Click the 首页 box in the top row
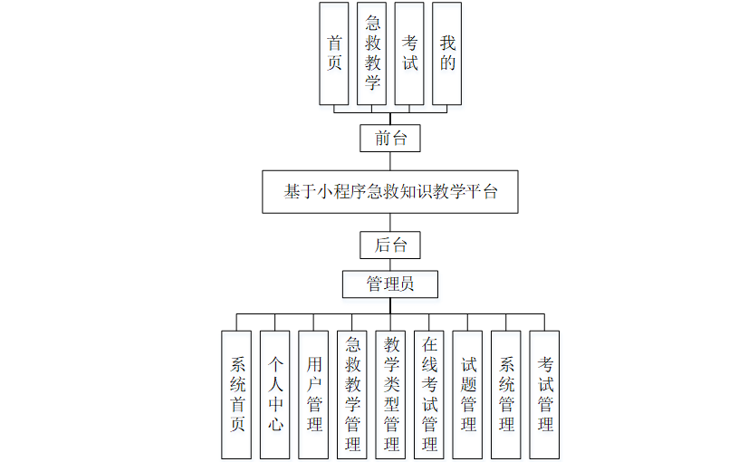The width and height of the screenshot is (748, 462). pyautogui.click(x=334, y=53)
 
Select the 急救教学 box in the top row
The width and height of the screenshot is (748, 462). pyautogui.click(x=372, y=53)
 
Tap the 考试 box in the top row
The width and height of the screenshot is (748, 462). pyautogui.click(x=409, y=53)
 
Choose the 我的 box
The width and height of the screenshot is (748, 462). pyautogui.click(x=446, y=53)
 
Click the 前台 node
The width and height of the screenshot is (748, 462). pyautogui.click(x=390, y=139)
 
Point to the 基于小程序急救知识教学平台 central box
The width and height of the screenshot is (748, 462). pyautogui.click(x=390, y=192)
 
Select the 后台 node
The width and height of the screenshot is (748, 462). pyautogui.click(x=390, y=245)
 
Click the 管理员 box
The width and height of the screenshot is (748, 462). pyautogui.click(x=390, y=284)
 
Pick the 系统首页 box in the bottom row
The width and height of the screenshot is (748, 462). pyautogui.click(x=236, y=394)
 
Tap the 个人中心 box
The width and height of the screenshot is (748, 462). pyautogui.click(x=274, y=394)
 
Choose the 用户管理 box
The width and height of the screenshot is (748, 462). pyautogui.click(x=313, y=394)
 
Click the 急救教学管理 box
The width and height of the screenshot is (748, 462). pyautogui.click(x=352, y=394)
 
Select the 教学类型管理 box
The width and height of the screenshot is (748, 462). pyautogui.click(x=390, y=394)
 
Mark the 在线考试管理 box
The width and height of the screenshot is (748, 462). pyautogui.click(x=429, y=394)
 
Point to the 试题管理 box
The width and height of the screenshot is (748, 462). pyautogui.click(x=467, y=394)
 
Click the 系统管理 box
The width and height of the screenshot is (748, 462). pyautogui.click(x=506, y=394)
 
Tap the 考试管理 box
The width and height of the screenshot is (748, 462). pyautogui.click(x=544, y=394)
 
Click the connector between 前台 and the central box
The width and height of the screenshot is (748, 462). pyautogui.click(x=390, y=161)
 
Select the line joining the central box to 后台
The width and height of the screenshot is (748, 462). pyautogui.click(x=390, y=223)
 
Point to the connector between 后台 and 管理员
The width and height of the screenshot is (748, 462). pyautogui.click(x=390, y=264)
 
